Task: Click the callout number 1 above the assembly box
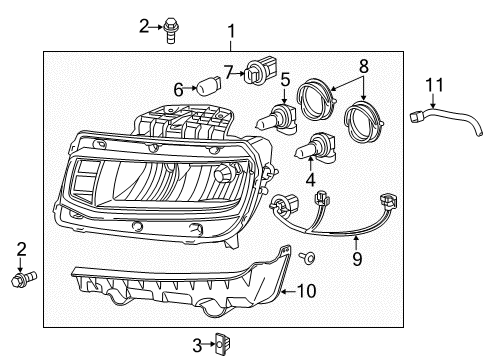pos(231,31)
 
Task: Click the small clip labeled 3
pos(224,345)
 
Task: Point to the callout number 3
pos(197,345)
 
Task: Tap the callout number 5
pos(285,77)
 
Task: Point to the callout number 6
pos(179,89)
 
